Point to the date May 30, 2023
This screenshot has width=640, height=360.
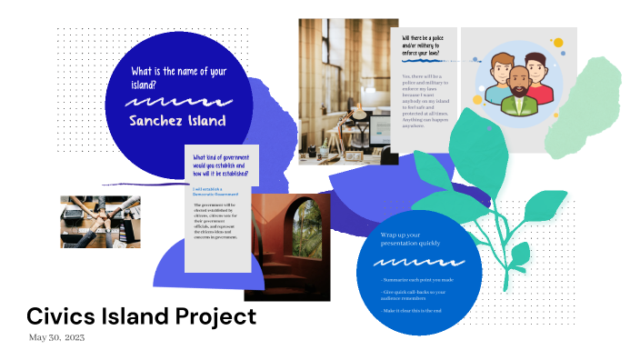click(x=57, y=337)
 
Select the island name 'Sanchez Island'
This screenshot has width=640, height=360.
click(x=177, y=120)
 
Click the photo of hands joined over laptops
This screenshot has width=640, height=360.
click(x=101, y=222)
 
